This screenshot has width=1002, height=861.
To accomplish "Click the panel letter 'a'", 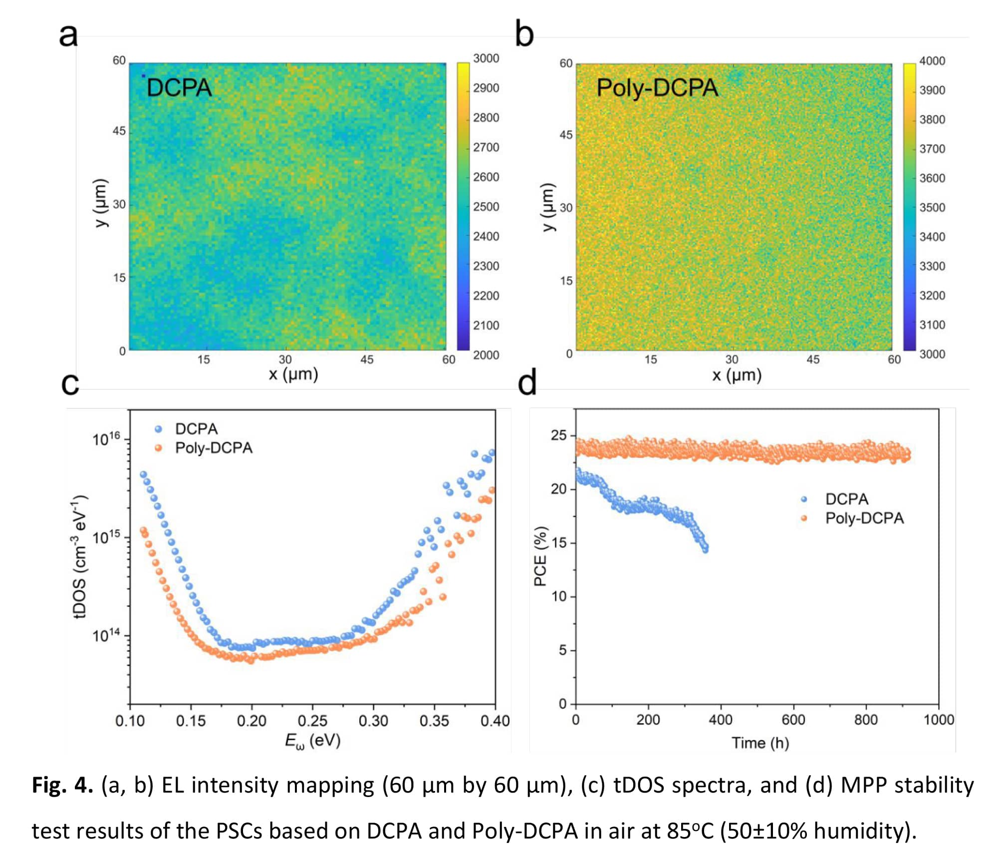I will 68,35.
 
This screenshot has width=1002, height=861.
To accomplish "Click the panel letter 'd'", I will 527,383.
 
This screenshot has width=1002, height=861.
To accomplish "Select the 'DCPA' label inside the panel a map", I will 179,88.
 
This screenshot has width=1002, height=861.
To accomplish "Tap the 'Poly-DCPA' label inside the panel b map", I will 657,88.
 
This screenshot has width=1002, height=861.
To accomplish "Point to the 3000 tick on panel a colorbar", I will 486,58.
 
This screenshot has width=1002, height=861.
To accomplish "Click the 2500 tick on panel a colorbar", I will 486,207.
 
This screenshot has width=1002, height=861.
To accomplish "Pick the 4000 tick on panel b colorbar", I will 932,61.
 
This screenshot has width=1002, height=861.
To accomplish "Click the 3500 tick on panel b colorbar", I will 932,208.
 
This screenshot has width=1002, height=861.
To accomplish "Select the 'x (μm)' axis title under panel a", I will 293,374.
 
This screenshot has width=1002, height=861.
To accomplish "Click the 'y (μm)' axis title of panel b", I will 548,207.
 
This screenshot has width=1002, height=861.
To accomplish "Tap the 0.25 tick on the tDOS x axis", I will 312,721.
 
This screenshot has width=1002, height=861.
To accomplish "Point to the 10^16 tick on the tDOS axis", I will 106,439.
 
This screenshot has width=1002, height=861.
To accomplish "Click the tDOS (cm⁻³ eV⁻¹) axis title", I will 80,557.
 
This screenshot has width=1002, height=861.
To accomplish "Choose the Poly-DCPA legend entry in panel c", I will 214,448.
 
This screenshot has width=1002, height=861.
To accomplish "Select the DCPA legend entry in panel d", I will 846,499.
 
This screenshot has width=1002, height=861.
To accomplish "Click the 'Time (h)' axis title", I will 760,743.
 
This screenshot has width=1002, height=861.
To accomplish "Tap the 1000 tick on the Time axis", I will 939,720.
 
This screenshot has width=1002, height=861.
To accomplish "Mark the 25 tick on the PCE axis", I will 559,435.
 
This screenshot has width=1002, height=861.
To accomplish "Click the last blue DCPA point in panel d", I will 705,550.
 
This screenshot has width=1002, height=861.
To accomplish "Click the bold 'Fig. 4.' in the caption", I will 62,785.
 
